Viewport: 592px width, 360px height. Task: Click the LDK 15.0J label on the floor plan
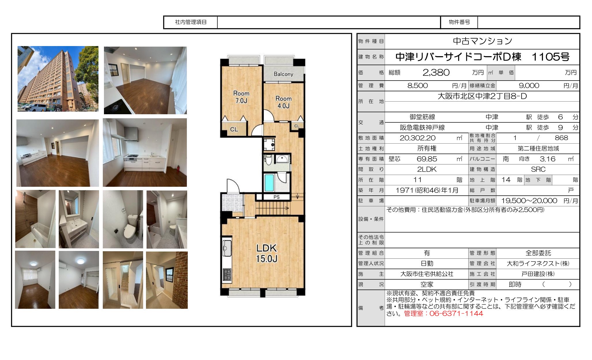tap(267, 253)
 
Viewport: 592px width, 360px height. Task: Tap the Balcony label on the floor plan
tap(283, 74)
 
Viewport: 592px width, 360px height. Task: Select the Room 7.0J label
tap(241, 97)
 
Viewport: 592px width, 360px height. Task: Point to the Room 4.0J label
tap(284, 102)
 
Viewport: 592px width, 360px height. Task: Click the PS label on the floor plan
tap(276, 197)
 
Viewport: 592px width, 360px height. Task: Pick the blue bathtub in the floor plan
tap(269, 182)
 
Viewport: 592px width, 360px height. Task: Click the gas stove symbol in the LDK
tap(227, 274)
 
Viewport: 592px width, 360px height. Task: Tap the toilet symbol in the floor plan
tap(268, 159)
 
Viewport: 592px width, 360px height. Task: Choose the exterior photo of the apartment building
tap(58, 79)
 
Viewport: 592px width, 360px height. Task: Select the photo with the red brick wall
tap(167, 280)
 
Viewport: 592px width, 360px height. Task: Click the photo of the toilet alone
tap(123, 219)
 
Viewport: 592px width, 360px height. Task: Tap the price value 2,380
tap(436, 73)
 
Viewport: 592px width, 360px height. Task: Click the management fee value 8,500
tap(418, 85)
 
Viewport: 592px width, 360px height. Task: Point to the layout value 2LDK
tap(427, 169)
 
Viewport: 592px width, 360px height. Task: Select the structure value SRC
tap(538, 169)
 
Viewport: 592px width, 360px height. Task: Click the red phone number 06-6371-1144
tap(456, 313)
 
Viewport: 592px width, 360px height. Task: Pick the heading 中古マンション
tap(483, 41)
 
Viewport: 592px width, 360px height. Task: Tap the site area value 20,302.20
tap(418, 138)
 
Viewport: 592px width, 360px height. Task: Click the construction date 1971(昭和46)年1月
tap(427, 190)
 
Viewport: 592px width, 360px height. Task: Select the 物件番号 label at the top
tap(459, 22)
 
